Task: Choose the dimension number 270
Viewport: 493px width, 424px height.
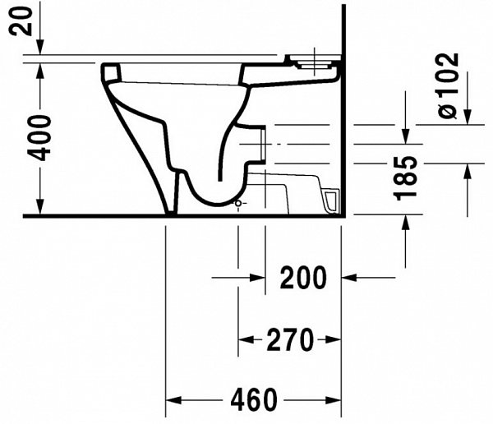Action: (289, 339)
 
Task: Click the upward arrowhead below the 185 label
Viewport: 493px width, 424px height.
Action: (405, 224)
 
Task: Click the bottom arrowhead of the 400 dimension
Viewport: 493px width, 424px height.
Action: (39, 209)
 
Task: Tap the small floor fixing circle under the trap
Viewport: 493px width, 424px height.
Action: (238, 202)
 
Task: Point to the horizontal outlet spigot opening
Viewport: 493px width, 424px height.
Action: (261, 143)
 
